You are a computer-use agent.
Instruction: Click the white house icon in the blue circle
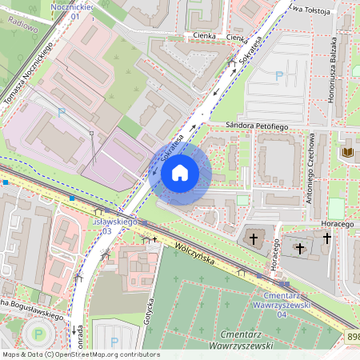coord(180,172)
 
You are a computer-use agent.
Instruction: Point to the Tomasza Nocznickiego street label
coord(28,74)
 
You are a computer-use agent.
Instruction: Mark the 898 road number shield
coord(352,338)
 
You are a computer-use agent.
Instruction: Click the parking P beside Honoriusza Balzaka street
coord(279,76)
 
